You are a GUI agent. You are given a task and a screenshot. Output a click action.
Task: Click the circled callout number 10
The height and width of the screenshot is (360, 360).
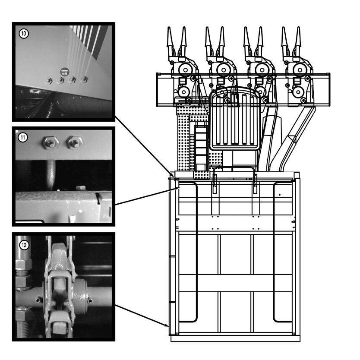pos(23,34)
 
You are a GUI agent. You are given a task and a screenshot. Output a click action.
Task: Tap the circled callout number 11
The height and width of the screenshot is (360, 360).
pos(23,138)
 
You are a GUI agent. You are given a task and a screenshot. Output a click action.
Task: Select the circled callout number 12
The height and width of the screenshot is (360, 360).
pos(24,245)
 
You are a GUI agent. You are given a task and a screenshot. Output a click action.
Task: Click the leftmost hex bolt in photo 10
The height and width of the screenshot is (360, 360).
pos(48,81)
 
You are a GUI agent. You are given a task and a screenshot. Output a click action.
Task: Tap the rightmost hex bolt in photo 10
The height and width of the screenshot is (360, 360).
pos(84,79)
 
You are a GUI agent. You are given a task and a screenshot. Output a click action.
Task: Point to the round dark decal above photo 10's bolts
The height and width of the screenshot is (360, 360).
pos(64,72)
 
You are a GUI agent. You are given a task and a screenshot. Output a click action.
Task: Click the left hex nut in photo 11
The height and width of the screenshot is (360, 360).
pos(50,143)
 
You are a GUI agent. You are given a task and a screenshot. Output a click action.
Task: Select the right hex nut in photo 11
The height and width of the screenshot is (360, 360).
pos(75,142)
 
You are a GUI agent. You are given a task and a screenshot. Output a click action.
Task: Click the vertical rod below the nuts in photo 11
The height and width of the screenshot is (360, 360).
pos(51,175)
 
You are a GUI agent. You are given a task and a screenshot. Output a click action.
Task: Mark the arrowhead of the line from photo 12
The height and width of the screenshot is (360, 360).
pos(167,325)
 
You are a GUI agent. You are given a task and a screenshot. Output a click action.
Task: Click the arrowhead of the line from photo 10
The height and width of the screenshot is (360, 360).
pos(173,178)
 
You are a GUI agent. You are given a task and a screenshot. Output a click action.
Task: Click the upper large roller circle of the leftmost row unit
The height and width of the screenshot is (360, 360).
pos(185,70)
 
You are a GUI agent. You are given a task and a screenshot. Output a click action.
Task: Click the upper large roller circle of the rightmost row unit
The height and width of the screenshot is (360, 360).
pos(300,70)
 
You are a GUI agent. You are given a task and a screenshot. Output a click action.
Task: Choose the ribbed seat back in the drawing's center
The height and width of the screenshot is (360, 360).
pos(235,119)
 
